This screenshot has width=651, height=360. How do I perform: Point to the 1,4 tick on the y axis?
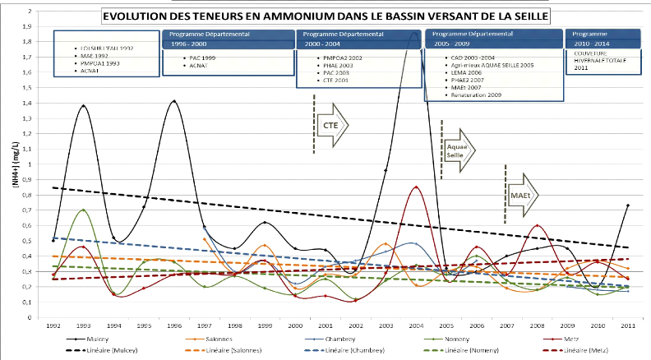(30, 103)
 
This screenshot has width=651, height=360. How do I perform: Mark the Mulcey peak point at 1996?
(174, 101)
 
